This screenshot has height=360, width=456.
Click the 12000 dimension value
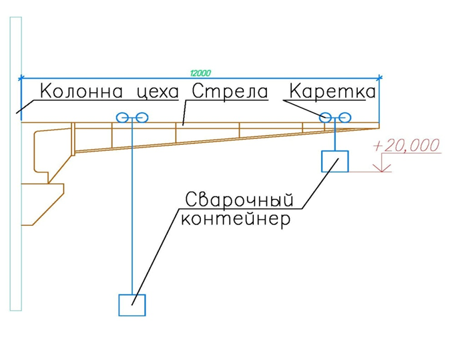(x=200, y=73)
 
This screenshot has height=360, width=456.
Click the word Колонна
(x=81, y=91)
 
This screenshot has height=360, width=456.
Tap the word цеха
(x=158, y=92)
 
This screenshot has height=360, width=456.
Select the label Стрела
(x=230, y=92)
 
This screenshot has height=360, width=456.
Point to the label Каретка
(x=332, y=91)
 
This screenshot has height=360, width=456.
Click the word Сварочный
(x=239, y=200)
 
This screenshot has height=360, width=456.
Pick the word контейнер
(x=235, y=218)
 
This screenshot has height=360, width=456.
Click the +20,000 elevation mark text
(x=407, y=146)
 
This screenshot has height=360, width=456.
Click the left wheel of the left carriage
(x=122, y=118)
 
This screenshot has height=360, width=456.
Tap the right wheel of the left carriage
(x=142, y=118)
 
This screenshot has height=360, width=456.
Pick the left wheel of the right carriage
(x=325, y=118)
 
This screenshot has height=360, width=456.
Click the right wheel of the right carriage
(x=345, y=118)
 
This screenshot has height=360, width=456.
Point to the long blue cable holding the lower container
(x=132, y=206)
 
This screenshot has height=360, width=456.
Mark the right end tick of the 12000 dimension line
(x=379, y=77)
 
